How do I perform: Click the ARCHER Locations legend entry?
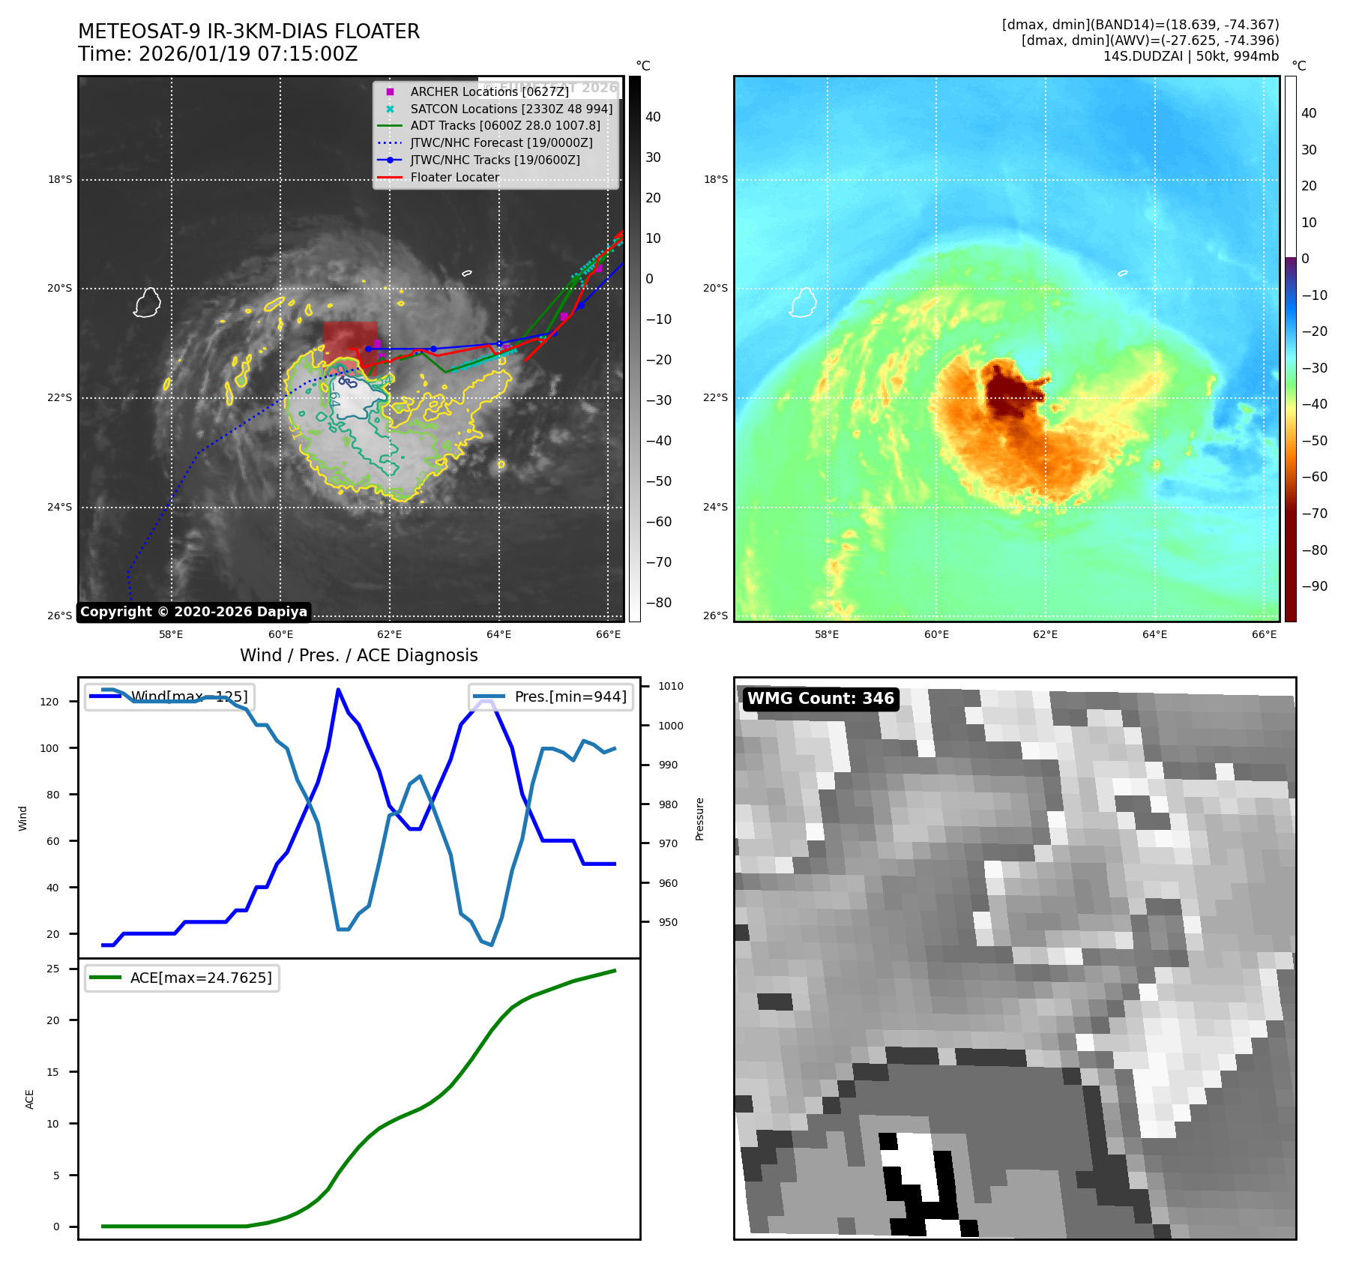point(489,91)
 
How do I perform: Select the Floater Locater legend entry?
point(454,177)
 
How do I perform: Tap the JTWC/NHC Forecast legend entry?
point(501,142)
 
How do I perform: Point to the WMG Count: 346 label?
point(820,699)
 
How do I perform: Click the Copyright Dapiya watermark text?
point(193,612)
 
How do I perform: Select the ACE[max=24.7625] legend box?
point(182,978)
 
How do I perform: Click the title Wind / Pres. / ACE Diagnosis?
point(358,655)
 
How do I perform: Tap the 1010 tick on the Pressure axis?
point(670,686)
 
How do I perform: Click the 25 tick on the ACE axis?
point(52,969)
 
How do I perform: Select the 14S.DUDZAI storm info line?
point(1190,56)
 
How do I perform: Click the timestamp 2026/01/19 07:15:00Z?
point(247,54)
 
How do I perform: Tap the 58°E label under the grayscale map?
point(171,634)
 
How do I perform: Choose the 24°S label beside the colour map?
point(715,507)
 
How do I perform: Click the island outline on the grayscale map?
point(147,303)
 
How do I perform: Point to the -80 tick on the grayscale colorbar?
point(658,603)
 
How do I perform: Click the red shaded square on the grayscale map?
point(350,341)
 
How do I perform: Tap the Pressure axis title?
point(699,819)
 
